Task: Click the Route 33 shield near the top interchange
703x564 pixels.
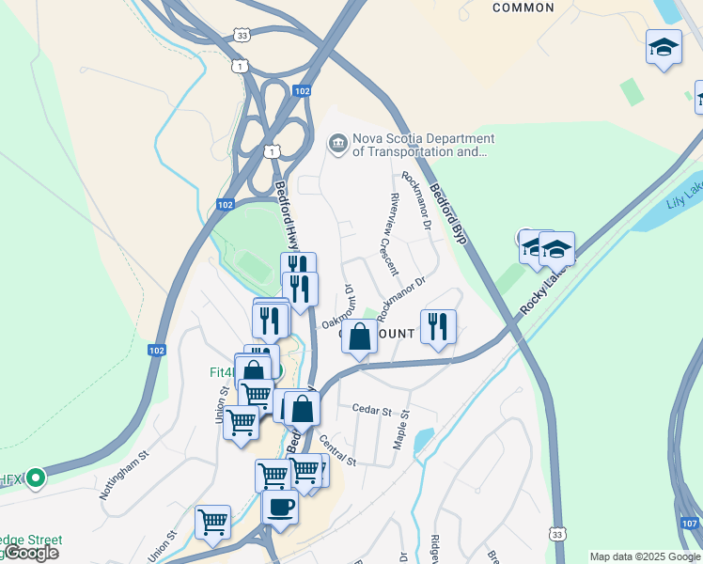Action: [x=243, y=35]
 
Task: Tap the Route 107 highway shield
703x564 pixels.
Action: [x=688, y=522]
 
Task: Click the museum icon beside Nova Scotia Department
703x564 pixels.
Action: [x=336, y=144]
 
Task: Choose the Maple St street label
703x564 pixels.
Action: [x=402, y=426]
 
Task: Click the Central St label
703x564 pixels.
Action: [x=337, y=449]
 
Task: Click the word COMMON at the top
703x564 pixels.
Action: [x=523, y=8]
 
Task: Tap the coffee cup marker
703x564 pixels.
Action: [x=279, y=509]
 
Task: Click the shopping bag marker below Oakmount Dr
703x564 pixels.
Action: [x=360, y=337]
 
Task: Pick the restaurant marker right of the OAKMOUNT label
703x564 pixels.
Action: [x=438, y=327]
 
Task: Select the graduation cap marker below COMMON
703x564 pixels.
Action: [x=664, y=47]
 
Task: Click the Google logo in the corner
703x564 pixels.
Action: [x=31, y=553]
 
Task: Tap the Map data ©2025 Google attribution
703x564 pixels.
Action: [x=645, y=556]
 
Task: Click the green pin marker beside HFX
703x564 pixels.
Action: [x=36, y=478]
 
